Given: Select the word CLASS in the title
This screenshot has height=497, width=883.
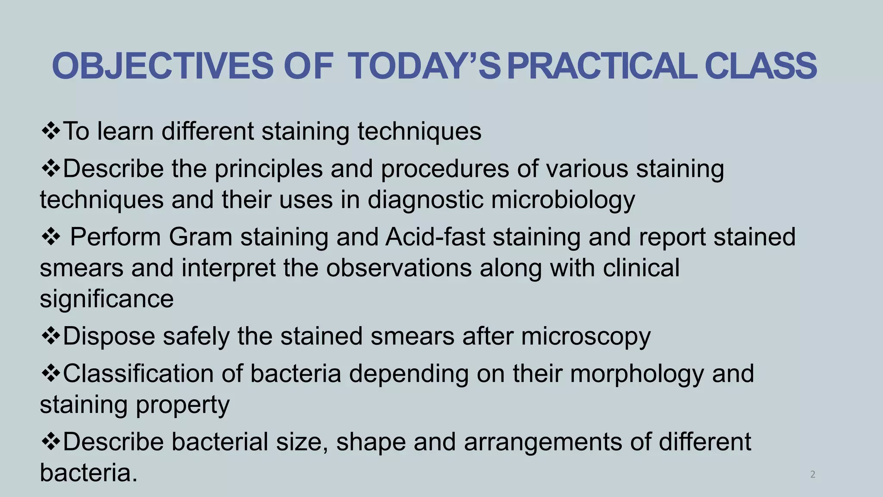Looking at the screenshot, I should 761,66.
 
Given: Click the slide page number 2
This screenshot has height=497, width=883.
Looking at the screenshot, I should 813,475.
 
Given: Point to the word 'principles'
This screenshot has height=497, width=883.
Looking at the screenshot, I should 269,168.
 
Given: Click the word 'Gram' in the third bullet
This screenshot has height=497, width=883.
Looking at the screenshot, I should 200,237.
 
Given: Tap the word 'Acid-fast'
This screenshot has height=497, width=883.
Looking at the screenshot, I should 435,237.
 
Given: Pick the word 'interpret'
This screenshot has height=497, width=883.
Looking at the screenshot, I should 229,268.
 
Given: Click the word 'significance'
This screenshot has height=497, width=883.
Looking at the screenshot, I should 106,299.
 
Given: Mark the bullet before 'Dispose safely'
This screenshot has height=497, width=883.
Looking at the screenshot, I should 50,337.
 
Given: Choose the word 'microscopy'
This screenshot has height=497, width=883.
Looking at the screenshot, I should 586,337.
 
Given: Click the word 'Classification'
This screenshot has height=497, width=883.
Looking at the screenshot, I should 138,374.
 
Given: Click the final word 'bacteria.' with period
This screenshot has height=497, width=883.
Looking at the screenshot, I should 88,473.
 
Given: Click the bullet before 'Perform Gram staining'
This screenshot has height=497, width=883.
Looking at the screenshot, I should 50,238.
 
